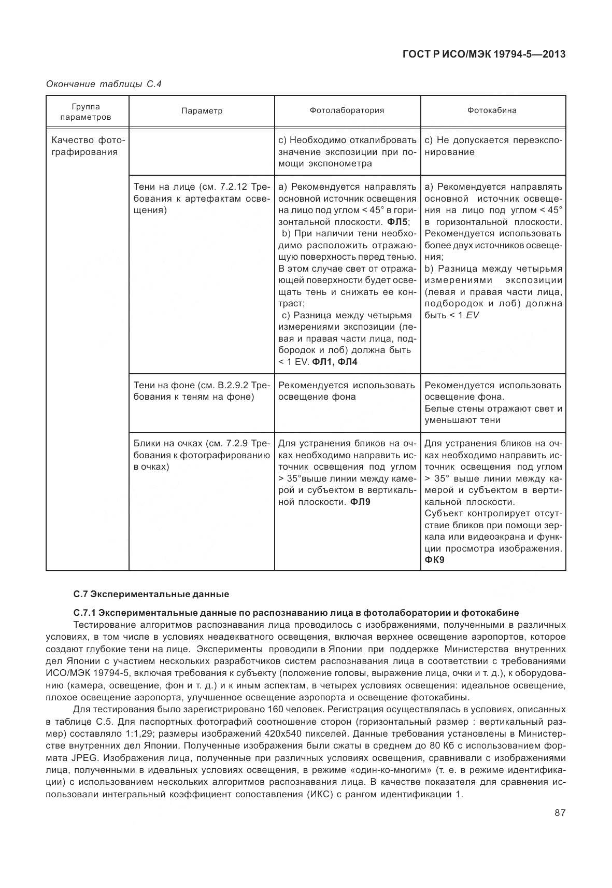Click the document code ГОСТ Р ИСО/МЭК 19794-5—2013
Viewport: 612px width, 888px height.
pos(483,54)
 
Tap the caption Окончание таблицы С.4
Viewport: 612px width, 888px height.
pos(104,84)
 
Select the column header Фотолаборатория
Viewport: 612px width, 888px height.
pos(347,110)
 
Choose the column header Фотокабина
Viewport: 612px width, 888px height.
pos(492,110)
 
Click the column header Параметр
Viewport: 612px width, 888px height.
pos(202,111)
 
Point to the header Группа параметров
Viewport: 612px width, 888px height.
pos(86,111)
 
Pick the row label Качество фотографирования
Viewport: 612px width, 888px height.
pos(87,146)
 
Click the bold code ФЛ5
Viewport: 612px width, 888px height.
pos(397,222)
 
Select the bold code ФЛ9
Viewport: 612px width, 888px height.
pos(360,502)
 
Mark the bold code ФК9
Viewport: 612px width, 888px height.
pos(434,560)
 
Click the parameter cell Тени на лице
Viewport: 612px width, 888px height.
pos(202,199)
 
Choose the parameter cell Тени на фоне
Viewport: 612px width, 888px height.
pos(202,391)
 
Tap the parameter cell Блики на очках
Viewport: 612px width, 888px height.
pos(202,455)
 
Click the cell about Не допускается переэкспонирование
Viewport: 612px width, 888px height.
pos(492,146)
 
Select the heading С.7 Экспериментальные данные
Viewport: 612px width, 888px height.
pos(151,594)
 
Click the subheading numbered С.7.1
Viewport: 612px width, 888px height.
pos(296,612)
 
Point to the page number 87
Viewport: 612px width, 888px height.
pos(560,813)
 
